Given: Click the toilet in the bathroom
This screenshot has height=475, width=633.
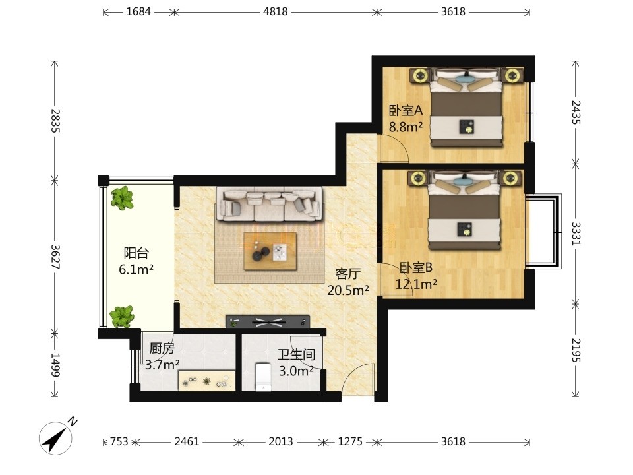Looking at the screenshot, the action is pos(263,377).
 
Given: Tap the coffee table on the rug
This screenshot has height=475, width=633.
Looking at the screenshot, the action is pos(270,251).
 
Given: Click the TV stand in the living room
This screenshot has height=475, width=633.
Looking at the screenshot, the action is pos(268,321).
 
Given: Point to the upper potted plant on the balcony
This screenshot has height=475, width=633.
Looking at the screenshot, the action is pos(122,197).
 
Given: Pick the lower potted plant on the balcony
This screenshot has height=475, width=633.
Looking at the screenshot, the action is pos(121,316).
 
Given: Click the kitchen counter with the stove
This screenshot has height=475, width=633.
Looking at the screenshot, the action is pos(206,381).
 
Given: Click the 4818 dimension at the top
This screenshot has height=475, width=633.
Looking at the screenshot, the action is pos(276,11).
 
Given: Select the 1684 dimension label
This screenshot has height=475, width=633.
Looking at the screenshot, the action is pos(138,11).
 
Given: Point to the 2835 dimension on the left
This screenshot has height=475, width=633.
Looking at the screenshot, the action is pos(55,121).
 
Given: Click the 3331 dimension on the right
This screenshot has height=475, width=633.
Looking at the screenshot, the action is pos(576,234).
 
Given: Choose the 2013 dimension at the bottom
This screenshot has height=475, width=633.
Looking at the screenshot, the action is pos(281,441).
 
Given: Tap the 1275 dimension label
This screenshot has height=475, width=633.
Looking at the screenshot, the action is pos(350,441).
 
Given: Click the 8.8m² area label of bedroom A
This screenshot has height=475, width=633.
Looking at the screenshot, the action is pos(406,127).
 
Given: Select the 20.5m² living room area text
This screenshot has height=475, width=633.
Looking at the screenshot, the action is pos(348,290).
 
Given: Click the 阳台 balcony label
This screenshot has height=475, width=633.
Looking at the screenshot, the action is pos(136,253).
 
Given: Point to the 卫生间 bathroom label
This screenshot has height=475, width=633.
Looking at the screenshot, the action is pos(296,355).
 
